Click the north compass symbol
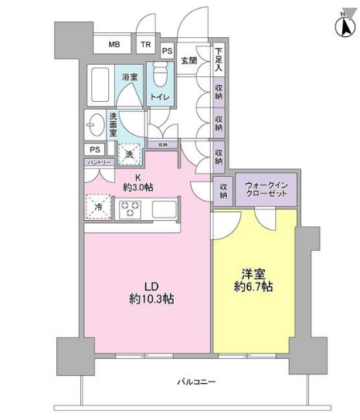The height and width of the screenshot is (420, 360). pos(343,25)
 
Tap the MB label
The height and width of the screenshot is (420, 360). pos(114,45)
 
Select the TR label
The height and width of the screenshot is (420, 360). pos(145,45)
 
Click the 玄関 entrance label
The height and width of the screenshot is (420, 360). pos(189,59)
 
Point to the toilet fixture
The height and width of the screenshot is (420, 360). pos(160,76)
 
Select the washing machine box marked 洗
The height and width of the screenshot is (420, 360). pos(129,154)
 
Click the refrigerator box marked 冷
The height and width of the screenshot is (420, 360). pos(99,205)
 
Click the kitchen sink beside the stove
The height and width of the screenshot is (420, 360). pos(165,208)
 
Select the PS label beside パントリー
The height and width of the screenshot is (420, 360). pos(95,149)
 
